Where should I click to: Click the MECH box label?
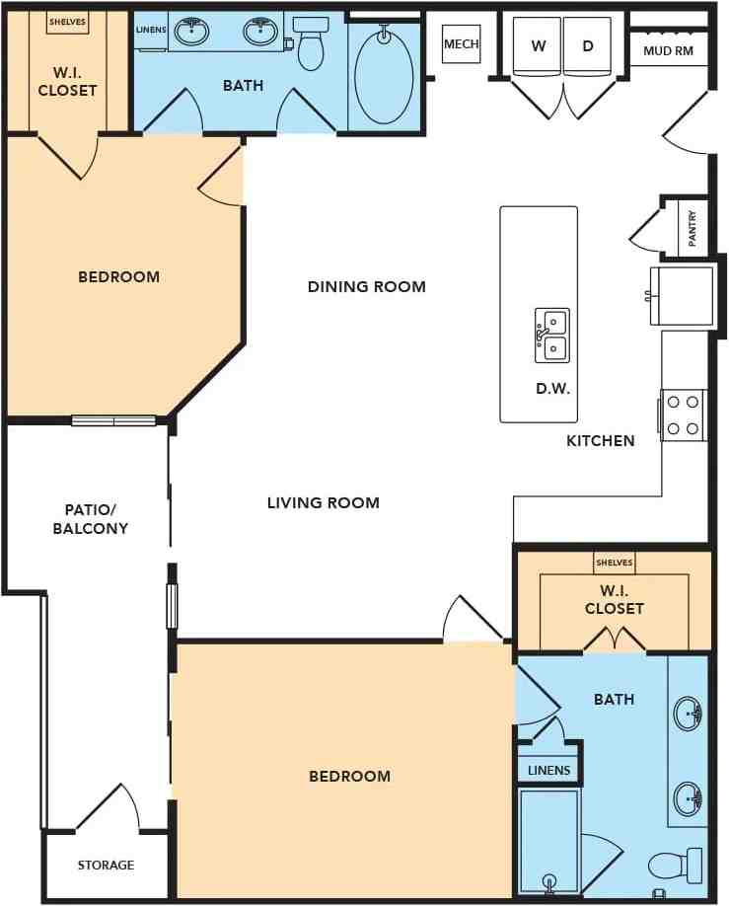tap(461, 43)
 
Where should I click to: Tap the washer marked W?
tap(538, 46)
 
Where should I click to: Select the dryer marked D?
tap(587, 46)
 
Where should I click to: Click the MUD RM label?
tap(669, 51)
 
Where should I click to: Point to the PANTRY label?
tap(693, 229)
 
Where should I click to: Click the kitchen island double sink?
tap(552, 336)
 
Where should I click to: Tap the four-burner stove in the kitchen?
tap(684, 415)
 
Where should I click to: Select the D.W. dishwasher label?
tap(552, 388)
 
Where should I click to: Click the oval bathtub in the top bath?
tap(384, 74)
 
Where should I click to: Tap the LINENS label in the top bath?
tap(151, 30)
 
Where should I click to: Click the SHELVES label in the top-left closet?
tap(68, 22)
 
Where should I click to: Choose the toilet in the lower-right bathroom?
tap(675, 866)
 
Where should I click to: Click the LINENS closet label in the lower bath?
tap(548, 770)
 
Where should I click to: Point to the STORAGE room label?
tap(106, 865)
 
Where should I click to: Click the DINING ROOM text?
tap(367, 286)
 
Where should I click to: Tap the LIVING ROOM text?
tap(324, 502)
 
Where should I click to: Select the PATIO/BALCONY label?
tap(91, 519)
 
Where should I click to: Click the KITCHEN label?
tap(600, 441)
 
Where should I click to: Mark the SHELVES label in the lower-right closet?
tap(614, 563)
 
